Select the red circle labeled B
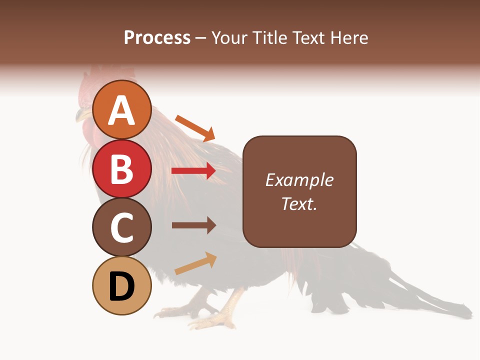point(122,168)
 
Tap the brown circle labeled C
point(122,227)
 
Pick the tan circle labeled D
point(122,285)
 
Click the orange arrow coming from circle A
point(195,128)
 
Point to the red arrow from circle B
point(193,171)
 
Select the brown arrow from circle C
point(193,225)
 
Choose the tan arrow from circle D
point(195,263)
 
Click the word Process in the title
point(157,37)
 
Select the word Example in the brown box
point(299,180)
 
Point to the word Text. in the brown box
point(299,203)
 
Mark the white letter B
point(122,168)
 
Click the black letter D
point(122,286)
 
